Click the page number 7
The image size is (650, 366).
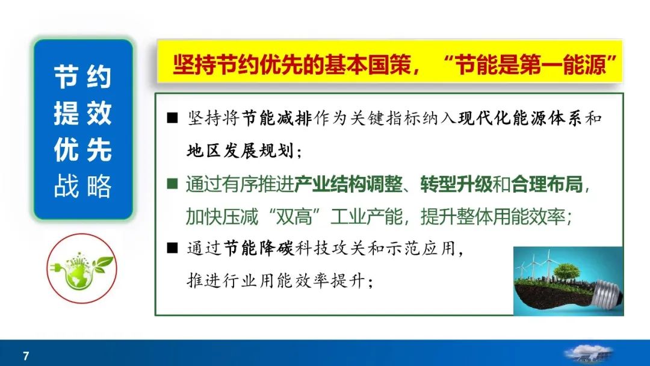click(26, 356)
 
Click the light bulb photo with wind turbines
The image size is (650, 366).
click(568, 281)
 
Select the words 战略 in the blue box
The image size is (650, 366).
click(83, 186)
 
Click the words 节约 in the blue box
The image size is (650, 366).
click(83, 77)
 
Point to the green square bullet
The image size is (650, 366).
click(173, 184)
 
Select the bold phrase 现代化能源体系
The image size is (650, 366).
click(520, 119)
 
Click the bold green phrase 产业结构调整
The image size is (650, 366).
click(348, 184)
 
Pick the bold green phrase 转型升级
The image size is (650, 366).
click(456, 184)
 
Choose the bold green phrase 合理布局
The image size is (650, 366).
click(547, 184)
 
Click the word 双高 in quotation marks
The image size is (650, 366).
click(294, 216)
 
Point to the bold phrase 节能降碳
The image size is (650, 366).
click(259, 249)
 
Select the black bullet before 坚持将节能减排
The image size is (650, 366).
click(173, 119)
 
